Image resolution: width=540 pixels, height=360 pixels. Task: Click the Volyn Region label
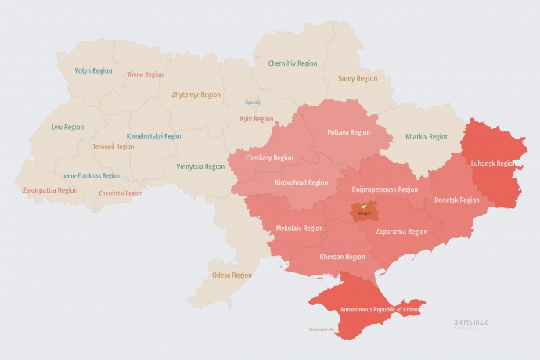coord(93,70)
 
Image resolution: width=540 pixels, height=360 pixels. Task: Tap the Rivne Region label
coord(146,74)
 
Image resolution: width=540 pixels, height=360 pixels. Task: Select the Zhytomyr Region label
coord(196,95)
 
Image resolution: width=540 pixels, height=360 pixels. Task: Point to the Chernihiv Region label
coord(293,63)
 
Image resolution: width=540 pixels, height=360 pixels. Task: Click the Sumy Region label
coord(357,78)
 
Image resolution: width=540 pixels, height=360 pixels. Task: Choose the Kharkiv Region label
coord(427,136)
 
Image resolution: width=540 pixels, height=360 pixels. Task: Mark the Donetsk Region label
coord(457,200)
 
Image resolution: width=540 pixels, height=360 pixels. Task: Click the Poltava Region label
coord(348,132)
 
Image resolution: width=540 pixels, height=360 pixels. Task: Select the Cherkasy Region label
coord(269,157)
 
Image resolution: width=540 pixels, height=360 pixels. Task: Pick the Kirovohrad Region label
coord(301,182)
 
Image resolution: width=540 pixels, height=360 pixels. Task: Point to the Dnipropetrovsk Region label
coord(384,189)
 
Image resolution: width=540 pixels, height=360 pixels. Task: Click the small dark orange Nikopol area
coord(364,211)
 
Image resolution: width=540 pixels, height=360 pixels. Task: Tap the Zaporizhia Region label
coord(401,231)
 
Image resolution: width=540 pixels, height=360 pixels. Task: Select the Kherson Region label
coord(343,256)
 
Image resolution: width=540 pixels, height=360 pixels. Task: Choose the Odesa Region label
coord(232,275)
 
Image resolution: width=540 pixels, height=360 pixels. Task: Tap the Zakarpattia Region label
coord(50,189)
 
